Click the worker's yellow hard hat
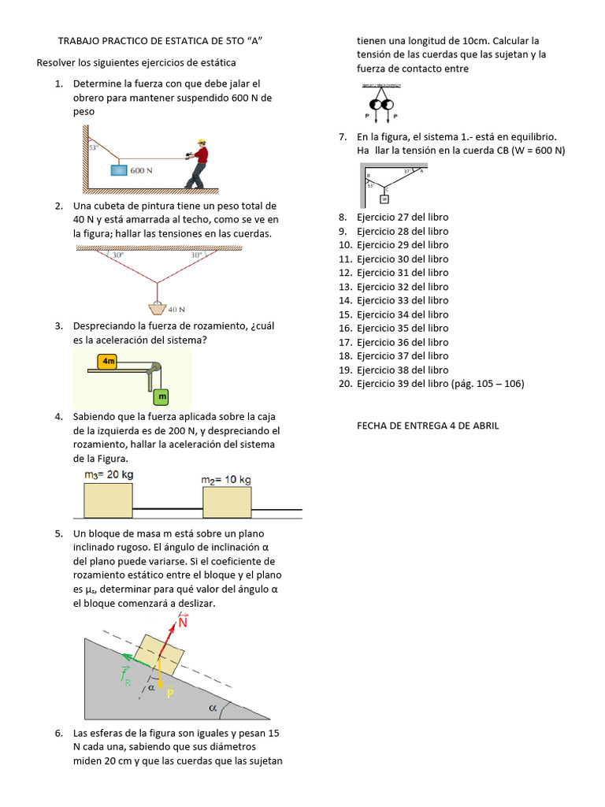click(x=202, y=142)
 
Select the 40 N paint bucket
click(x=158, y=307)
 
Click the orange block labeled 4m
click(x=108, y=361)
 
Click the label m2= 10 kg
click(x=226, y=479)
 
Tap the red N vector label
click(x=183, y=622)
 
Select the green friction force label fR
click(x=125, y=676)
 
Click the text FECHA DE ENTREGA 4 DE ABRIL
click(x=428, y=426)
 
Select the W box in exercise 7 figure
click(x=384, y=199)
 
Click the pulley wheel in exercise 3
click(x=156, y=367)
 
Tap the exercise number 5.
click(x=59, y=534)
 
